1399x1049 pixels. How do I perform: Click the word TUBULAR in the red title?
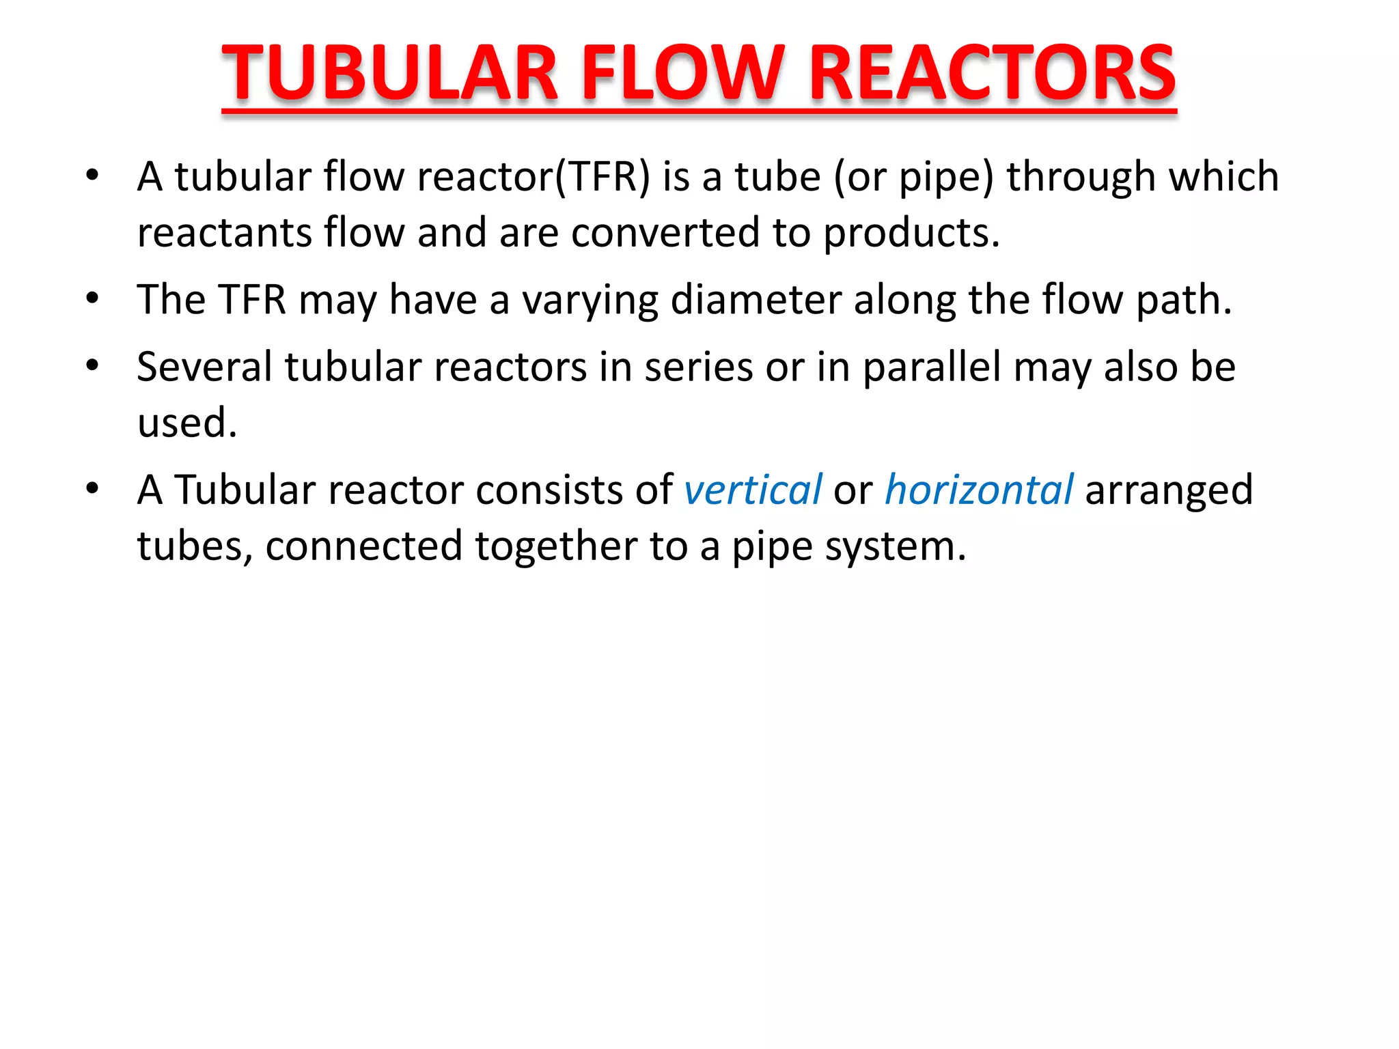pyautogui.click(x=390, y=73)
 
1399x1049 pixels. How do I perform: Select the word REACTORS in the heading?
pyautogui.click(x=992, y=73)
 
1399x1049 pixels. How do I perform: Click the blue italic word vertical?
pyautogui.click(x=753, y=490)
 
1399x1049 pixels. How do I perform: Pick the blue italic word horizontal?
pyautogui.click(x=979, y=490)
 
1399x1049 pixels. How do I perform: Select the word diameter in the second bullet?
pyautogui.click(x=756, y=300)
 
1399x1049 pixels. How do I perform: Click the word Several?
pyautogui.click(x=204, y=367)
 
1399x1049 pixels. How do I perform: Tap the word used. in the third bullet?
pyautogui.click(x=187, y=423)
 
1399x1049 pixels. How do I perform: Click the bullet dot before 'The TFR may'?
pyautogui.click(x=93, y=298)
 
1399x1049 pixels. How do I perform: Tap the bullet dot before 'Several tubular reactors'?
pyautogui.click(x=93, y=365)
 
